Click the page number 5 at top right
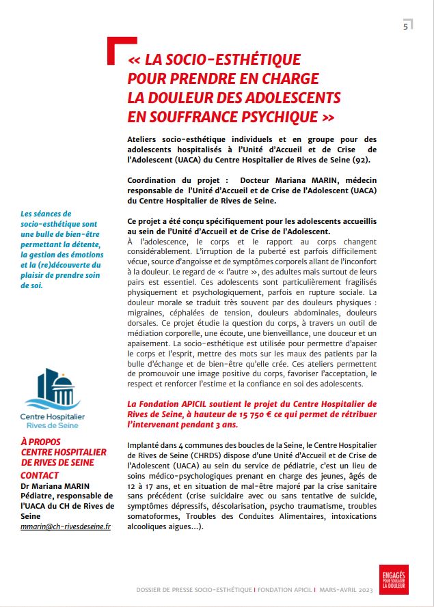coord(406,27)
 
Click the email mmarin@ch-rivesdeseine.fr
coord(66,528)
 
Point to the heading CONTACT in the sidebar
coord(40,475)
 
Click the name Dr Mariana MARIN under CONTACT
coord(51,485)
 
